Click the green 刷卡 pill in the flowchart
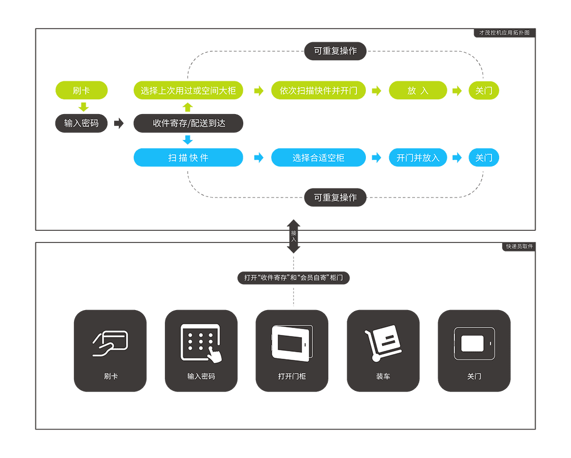[81, 90]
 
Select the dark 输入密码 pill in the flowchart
[81, 123]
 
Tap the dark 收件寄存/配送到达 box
[188, 123]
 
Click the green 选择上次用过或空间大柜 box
[188, 90]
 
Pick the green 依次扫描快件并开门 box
[318, 90]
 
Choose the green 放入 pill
[418, 90]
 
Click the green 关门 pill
[484, 90]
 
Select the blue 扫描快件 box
[188, 157]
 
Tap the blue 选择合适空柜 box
[318, 157]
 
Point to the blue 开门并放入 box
[418, 157]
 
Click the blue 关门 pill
[484, 157]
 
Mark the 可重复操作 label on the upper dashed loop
[335, 51]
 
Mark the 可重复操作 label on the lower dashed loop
[335, 198]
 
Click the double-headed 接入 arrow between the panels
[293, 236]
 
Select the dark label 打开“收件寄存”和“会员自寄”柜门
[293, 278]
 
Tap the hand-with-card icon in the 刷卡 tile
[110, 343]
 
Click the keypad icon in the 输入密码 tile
[201, 343]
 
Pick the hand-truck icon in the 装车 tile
[383, 344]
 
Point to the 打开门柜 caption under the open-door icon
[292, 377]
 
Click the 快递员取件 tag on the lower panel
[520, 246]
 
